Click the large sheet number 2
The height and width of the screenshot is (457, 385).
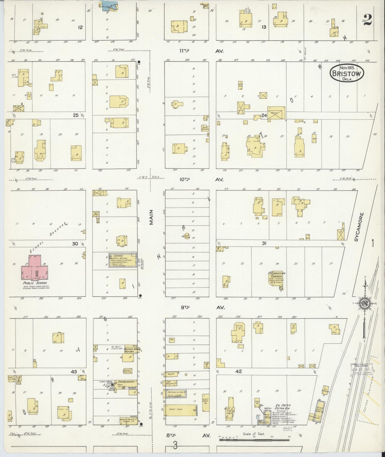pyautogui.click(x=367, y=19)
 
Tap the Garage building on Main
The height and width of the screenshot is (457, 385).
pyautogui.click(x=122, y=260)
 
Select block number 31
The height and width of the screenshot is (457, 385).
pyautogui.click(x=264, y=243)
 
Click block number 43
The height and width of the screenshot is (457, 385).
pyautogui.click(x=74, y=372)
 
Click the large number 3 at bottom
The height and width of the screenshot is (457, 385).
pyautogui.click(x=175, y=446)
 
